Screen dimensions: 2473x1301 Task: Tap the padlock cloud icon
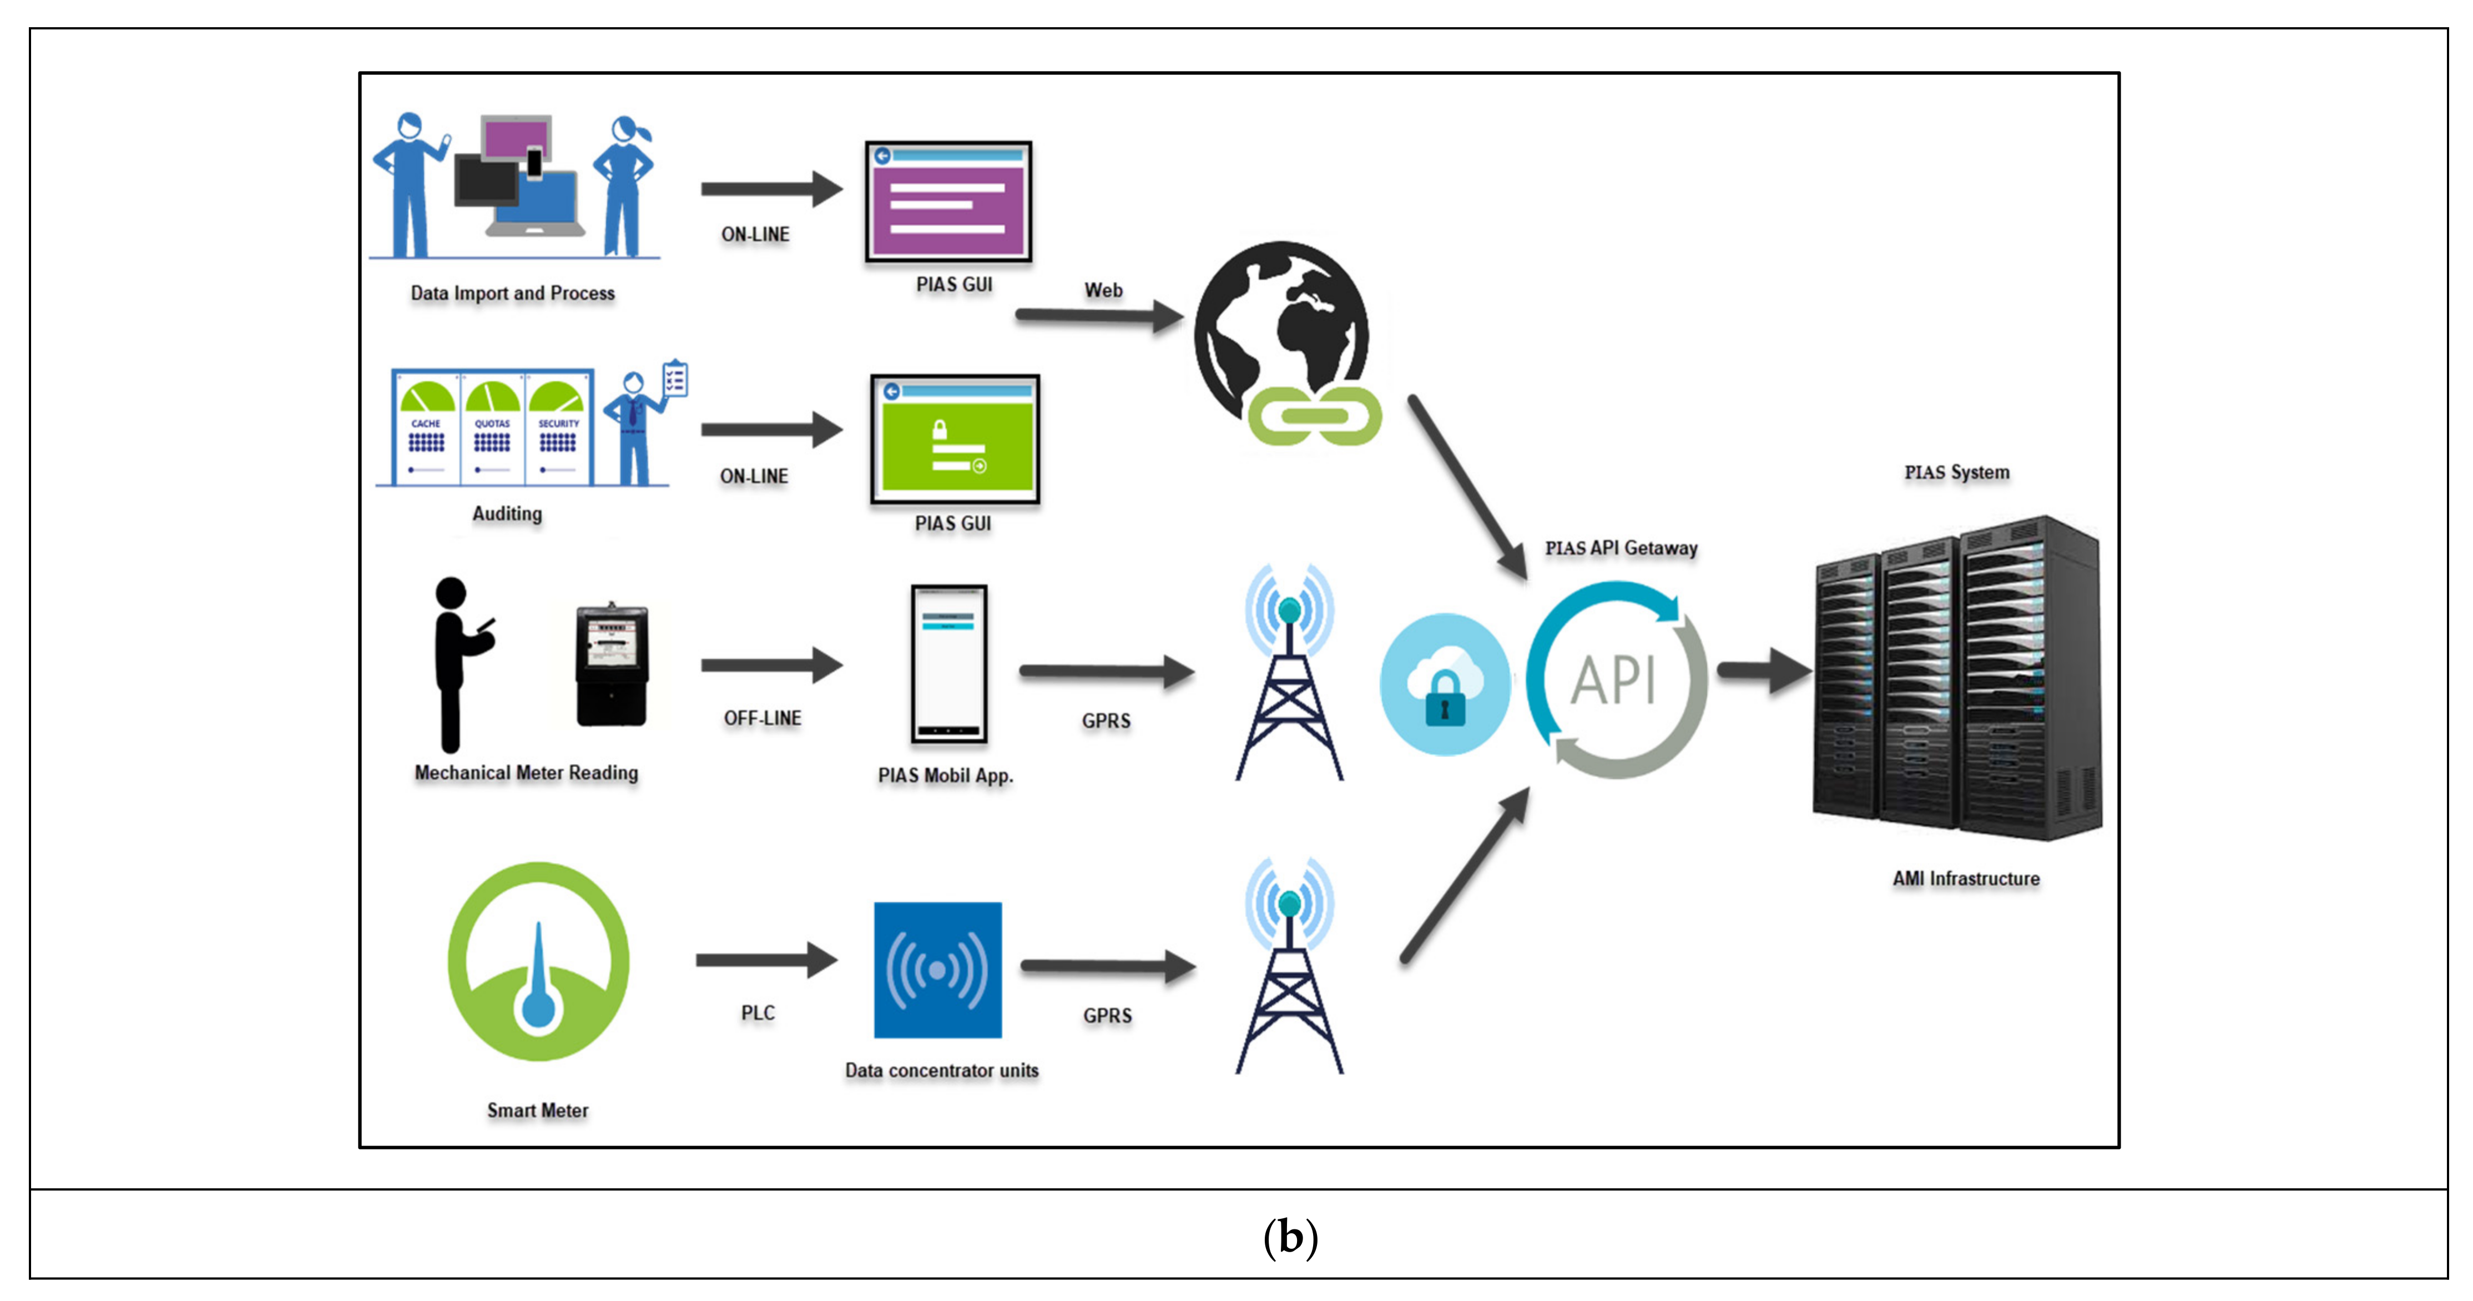pos(1444,684)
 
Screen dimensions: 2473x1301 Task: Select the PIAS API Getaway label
pos(1621,548)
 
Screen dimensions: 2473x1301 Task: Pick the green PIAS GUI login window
pos(954,439)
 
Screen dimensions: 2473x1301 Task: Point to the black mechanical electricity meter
pos(612,664)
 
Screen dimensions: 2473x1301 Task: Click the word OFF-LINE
pos(762,718)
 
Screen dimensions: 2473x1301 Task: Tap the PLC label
pos(758,1013)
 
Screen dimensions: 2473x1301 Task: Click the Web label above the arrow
pos(1103,290)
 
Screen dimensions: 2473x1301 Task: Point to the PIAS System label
pos(1956,472)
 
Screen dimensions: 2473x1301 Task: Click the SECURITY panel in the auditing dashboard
pos(558,428)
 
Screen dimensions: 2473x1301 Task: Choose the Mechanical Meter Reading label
pos(526,773)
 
